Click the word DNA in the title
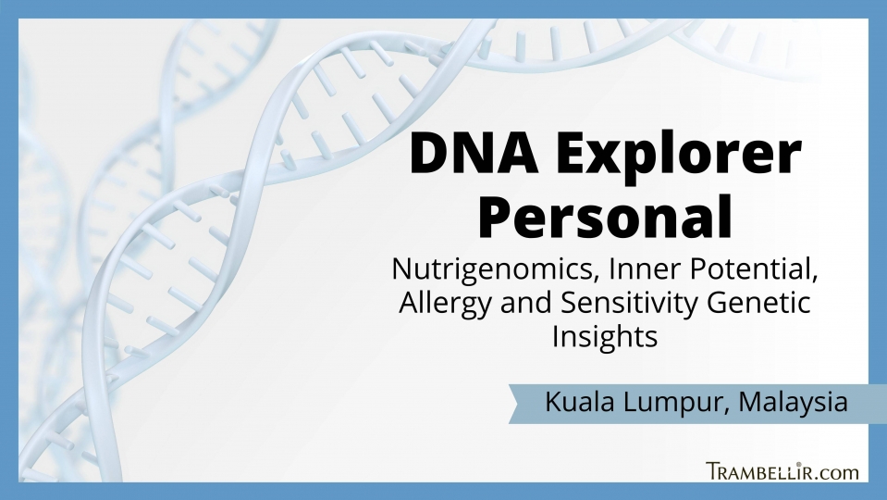point(474,154)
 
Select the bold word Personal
point(605,217)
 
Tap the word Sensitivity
point(630,304)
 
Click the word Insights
point(605,337)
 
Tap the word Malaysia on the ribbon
point(793,403)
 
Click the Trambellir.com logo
point(782,471)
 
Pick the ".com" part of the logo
point(837,473)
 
